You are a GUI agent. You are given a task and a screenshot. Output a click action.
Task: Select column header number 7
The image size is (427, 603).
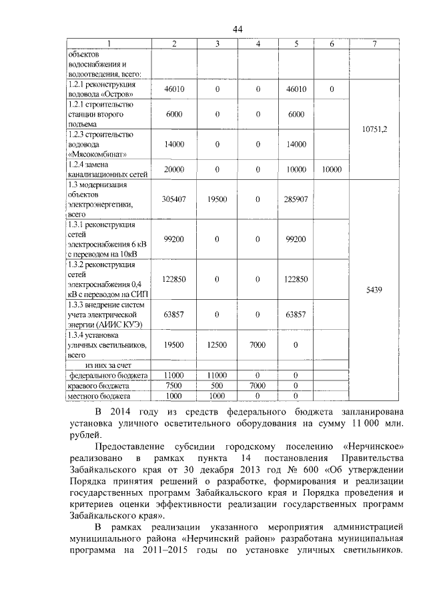pos(376,44)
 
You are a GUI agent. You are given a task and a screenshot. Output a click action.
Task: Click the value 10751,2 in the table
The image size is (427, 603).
pos(376,131)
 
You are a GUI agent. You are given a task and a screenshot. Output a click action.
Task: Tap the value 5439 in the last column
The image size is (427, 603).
pos(376,290)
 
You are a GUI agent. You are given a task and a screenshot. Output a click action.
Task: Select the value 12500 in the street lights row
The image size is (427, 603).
pos(218,344)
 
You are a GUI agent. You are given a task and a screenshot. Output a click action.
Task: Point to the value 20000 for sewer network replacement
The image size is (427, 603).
pos(174,169)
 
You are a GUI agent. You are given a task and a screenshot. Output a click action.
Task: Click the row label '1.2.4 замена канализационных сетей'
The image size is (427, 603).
pos(107,169)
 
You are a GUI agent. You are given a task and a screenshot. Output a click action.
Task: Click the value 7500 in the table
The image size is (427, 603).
pos(174,386)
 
